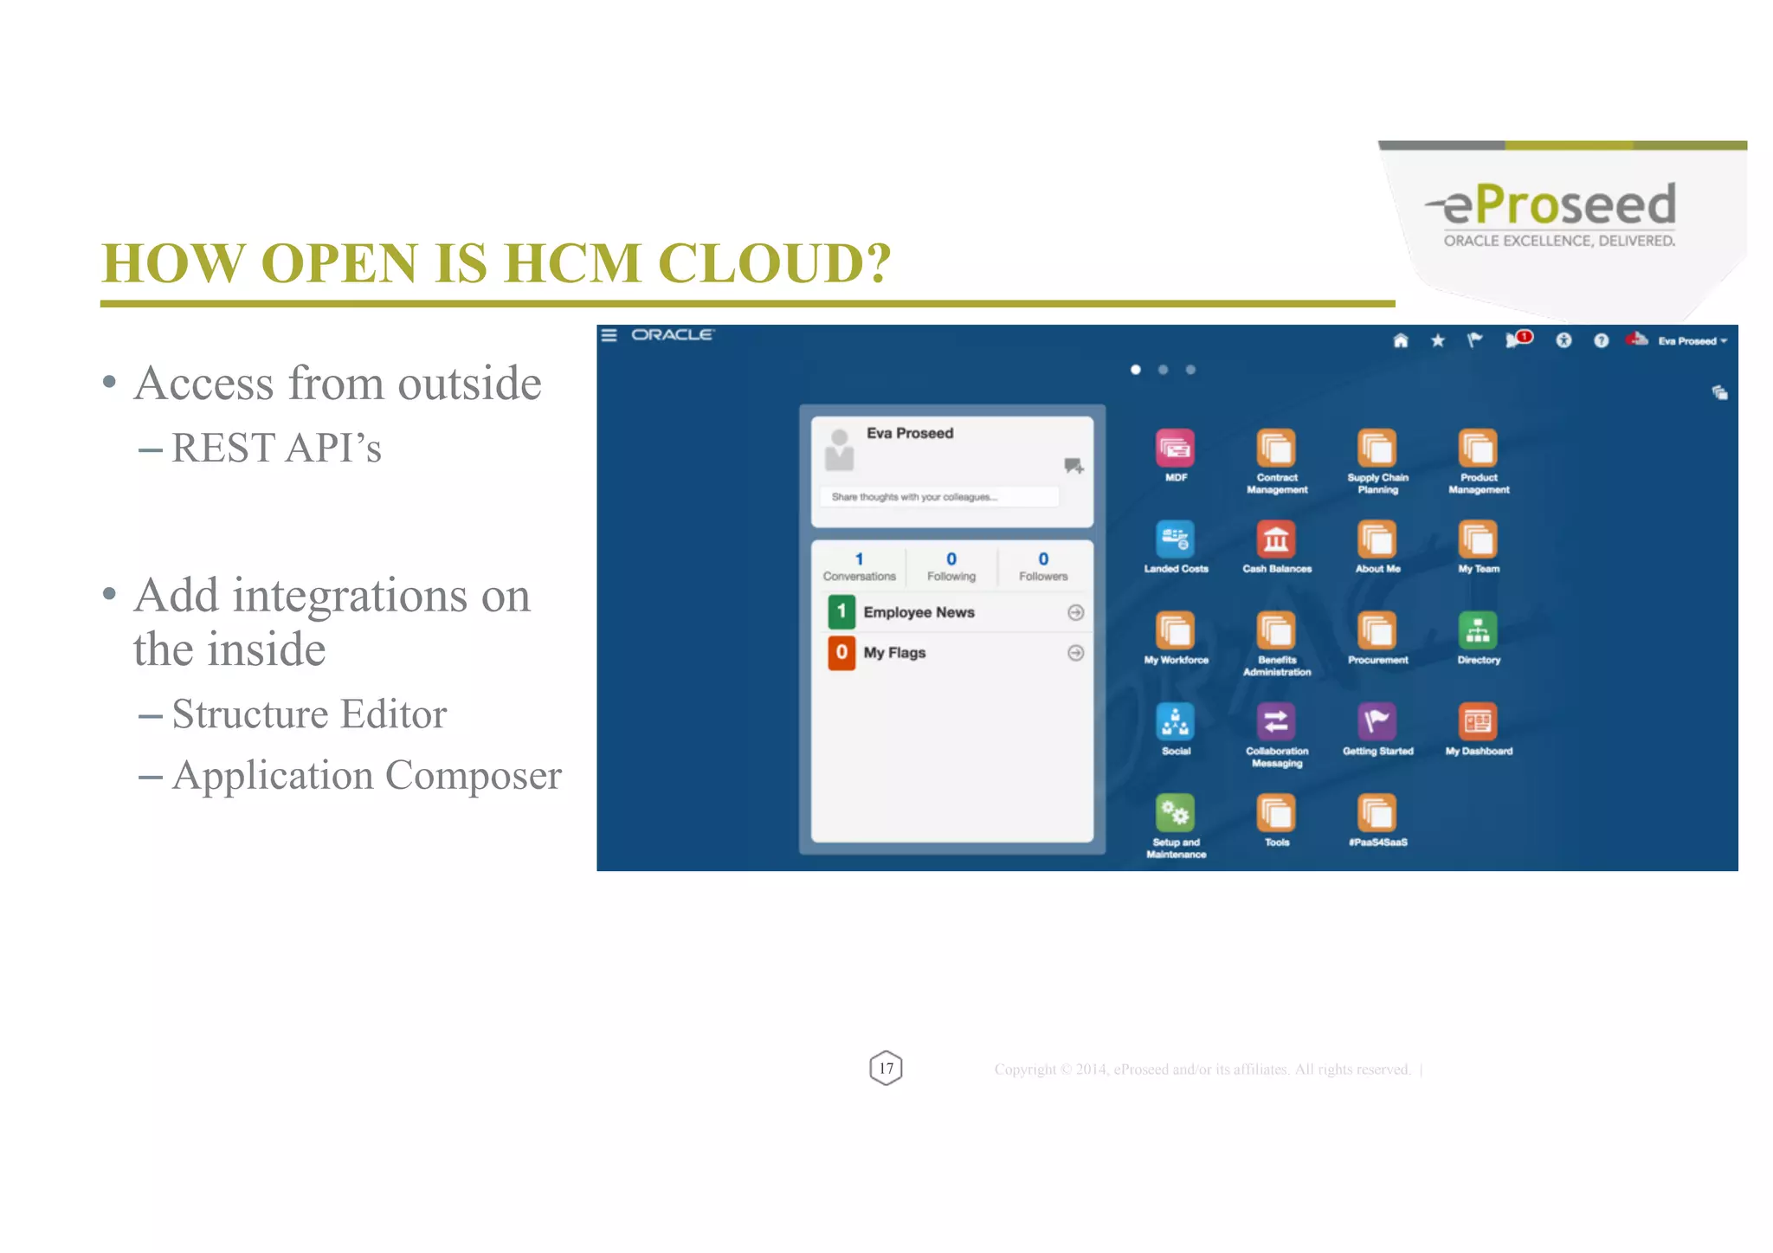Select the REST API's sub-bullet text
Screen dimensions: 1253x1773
[276, 449]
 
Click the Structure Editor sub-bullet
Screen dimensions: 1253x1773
[309, 714]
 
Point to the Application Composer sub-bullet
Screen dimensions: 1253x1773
[366, 776]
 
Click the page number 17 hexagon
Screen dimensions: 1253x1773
[886, 1069]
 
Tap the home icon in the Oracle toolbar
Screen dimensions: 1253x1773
[1401, 340]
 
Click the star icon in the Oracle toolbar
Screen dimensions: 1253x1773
[1438, 340]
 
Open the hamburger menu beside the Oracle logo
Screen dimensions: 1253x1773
[609, 335]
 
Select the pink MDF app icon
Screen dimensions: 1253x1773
[1175, 448]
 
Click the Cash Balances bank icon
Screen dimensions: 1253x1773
[1276, 539]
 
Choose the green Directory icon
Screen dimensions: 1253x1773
[1478, 630]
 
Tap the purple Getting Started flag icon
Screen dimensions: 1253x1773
[1377, 721]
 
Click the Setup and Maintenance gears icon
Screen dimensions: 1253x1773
[1175, 812]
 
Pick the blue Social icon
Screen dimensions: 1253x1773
[1175, 721]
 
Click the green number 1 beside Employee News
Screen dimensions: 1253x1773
[841, 611]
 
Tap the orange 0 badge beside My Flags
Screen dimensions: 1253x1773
[841, 652]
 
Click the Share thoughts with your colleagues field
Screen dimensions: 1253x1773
[939, 497]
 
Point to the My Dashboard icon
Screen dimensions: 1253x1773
[1478, 721]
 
